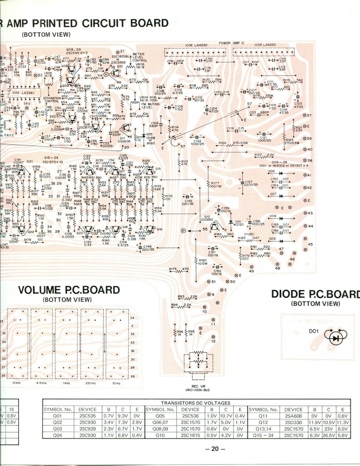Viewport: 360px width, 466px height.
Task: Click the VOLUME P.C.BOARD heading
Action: [68, 290]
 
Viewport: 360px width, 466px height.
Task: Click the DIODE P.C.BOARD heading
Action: [315, 294]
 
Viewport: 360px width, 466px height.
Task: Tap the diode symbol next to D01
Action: [335, 338]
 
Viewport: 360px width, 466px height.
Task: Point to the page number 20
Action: [215, 449]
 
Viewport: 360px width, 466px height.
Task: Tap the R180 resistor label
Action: [203, 260]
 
